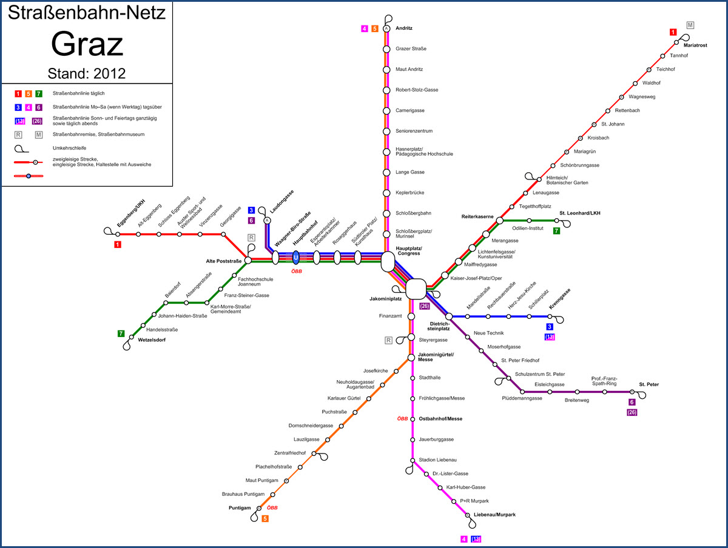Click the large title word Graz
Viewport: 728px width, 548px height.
point(87,44)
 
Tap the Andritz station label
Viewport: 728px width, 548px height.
point(404,28)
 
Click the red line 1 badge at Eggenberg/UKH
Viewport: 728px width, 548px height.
point(118,244)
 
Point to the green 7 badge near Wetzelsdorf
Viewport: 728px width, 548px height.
point(121,333)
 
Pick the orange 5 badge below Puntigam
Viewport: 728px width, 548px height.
point(265,518)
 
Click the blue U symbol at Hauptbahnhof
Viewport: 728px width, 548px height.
point(296,258)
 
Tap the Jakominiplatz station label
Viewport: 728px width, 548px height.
point(386,299)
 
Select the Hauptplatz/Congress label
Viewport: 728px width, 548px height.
point(409,251)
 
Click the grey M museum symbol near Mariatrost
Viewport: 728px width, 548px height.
point(690,25)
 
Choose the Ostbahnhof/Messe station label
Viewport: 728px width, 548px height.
point(440,418)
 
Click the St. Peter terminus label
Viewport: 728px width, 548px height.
point(649,384)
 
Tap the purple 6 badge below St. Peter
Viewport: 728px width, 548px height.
point(632,402)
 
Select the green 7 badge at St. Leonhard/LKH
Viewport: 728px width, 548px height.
point(557,231)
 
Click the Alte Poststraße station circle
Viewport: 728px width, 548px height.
point(248,260)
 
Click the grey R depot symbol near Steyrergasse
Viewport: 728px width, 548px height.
point(389,340)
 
